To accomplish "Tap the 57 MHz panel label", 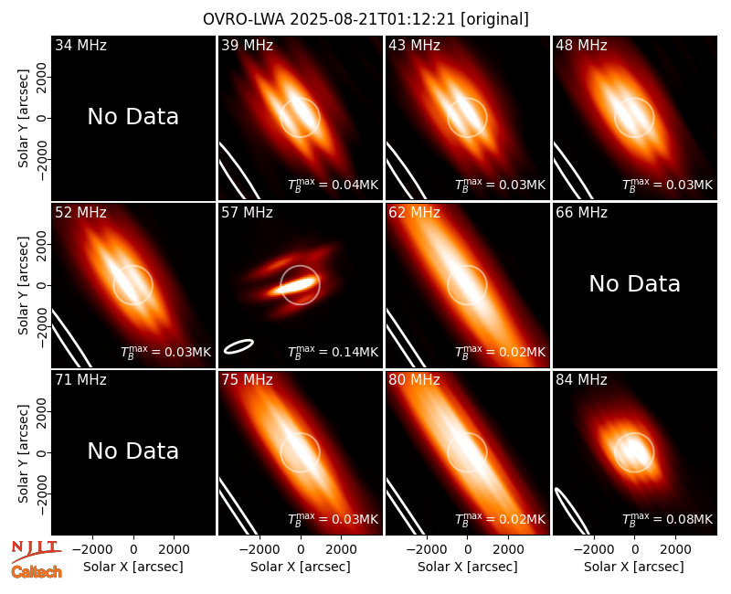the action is tap(247, 213).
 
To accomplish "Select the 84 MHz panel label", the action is tap(581, 380).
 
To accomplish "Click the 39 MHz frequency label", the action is tap(247, 45).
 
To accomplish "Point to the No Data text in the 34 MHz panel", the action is tap(132, 117).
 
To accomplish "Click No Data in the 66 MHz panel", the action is tap(634, 283).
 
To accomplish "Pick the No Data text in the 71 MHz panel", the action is tap(132, 451).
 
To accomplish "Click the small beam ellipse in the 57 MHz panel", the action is tap(238, 346).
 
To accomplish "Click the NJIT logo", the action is tap(35, 549).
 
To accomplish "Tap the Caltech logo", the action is tap(37, 572).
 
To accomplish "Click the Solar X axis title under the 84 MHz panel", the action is tap(634, 567).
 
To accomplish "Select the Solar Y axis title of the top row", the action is tap(23, 119).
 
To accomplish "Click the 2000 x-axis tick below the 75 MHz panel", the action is tap(341, 550).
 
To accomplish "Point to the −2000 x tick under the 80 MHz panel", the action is tap(426, 550).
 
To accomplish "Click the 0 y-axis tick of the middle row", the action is tap(42, 285).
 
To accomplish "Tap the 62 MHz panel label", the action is tap(415, 213).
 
